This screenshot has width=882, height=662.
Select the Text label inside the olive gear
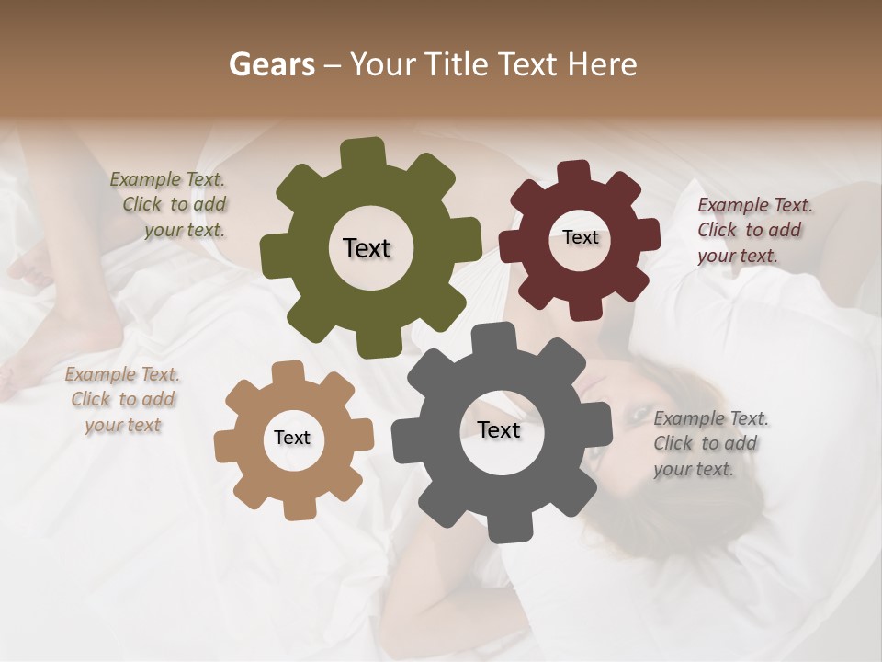click(367, 248)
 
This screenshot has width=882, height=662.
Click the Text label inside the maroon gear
click(581, 237)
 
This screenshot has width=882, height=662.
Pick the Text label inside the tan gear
click(292, 438)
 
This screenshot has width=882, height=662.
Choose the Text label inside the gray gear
click(499, 429)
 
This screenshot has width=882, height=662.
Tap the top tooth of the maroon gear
click(574, 172)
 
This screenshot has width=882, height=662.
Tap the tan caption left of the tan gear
click(122, 399)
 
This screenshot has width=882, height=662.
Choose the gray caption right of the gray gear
click(710, 443)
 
